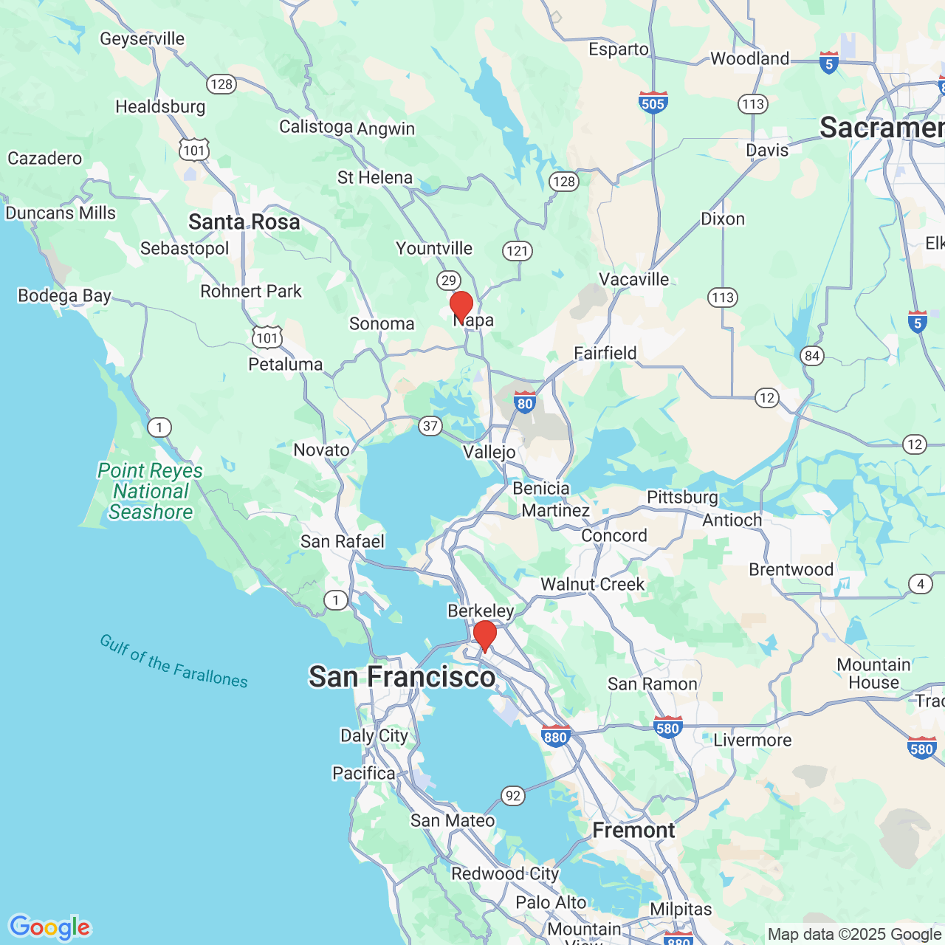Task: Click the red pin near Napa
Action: [x=461, y=305]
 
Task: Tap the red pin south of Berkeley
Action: [x=485, y=635]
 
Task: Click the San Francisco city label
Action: [x=402, y=677]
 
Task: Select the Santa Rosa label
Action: [x=244, y=221]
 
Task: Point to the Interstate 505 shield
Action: [x=653, y=102]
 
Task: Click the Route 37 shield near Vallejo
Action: [x=430, y=425]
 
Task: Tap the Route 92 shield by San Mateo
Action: [x=513, y=796]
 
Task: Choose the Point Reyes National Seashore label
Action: [x=150, y=491]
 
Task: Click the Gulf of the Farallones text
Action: [x=174, y=661]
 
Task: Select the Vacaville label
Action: [x=634, y=279]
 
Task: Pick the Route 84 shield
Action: [x=812, y=356]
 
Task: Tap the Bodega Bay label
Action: [x=64, y=296]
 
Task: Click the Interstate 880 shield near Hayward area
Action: [x=555, y=736]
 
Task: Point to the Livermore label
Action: [x=752, y=740]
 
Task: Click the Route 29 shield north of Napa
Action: [x=449, y=281]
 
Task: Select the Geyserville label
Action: [x=142, y=38]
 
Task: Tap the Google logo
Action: [x=50, y=927]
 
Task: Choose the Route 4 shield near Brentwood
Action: [x=920, y=584]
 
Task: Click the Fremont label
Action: [x=633, y=831]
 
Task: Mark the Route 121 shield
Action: [x=518, y=251]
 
